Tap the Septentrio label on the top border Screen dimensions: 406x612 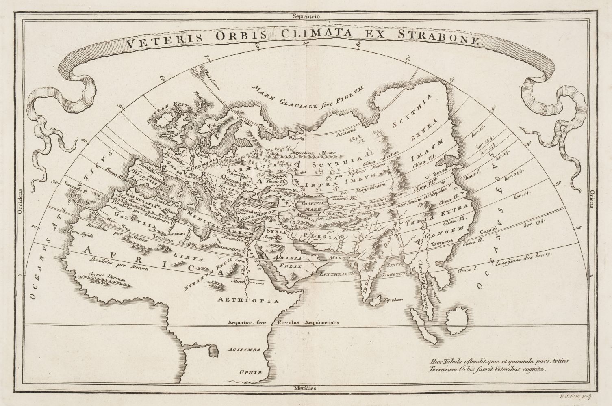(306, 6)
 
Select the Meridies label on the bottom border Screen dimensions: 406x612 (306, 388)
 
